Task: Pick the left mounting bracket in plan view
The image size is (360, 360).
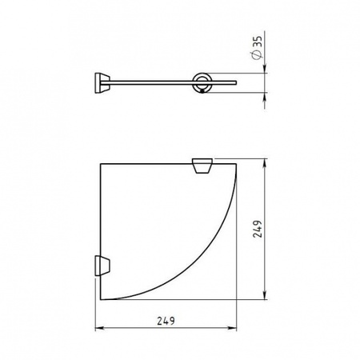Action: [x=102, y=264]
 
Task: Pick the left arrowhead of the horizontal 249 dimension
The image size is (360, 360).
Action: [x=98, y=328]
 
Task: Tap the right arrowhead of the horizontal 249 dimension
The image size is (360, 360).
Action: [x=237, y=328]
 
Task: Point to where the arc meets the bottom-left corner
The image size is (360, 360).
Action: [x=98, y=300]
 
